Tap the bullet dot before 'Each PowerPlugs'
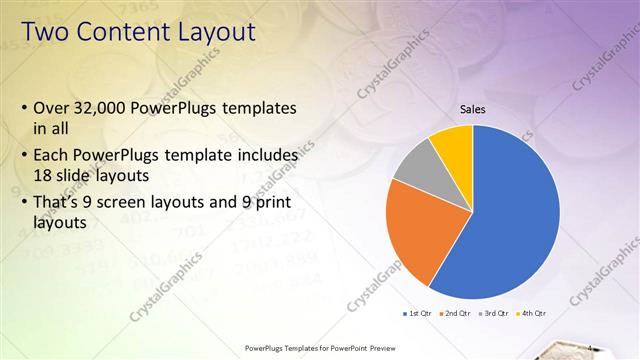(24, 156)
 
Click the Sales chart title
(473, 109)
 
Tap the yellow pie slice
(453, 143)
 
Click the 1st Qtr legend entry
(416, 313)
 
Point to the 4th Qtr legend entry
(532, 313)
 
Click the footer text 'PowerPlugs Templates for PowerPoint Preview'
(319, 349)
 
